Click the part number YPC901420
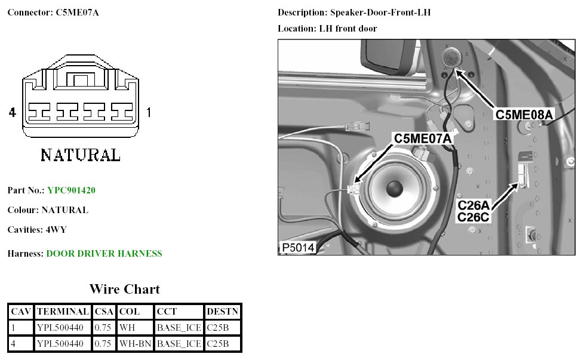pyautogui.click(x=71, y=190)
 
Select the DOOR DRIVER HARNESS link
pyautogui.click(x=104, y=254)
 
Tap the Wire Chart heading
pyautogui.click(x=124, y=290)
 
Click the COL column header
pyautogui.click(x=129, y=312)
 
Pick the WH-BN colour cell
pyautogui.click(x=135, y=343)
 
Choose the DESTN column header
pyautogui.click(x=222, y=312)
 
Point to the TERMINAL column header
pyautogui.click(x=63, y=312)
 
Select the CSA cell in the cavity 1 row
pyautogui.click(x=104, y=328)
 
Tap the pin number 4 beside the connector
pyautogui.click(x=12, y=112)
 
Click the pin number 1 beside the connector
pyautogui.click(x=149, y=112)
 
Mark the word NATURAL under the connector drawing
pyautogui.click(x=80, y=155)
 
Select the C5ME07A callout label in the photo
pyautogui.click(x=422, y=139)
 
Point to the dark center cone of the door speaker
pyautogui.click(x=395, y=189)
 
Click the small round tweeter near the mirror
pyautogui.click(x=451, y=59)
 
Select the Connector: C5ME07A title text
pyautogui.click(x=53, y=12)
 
